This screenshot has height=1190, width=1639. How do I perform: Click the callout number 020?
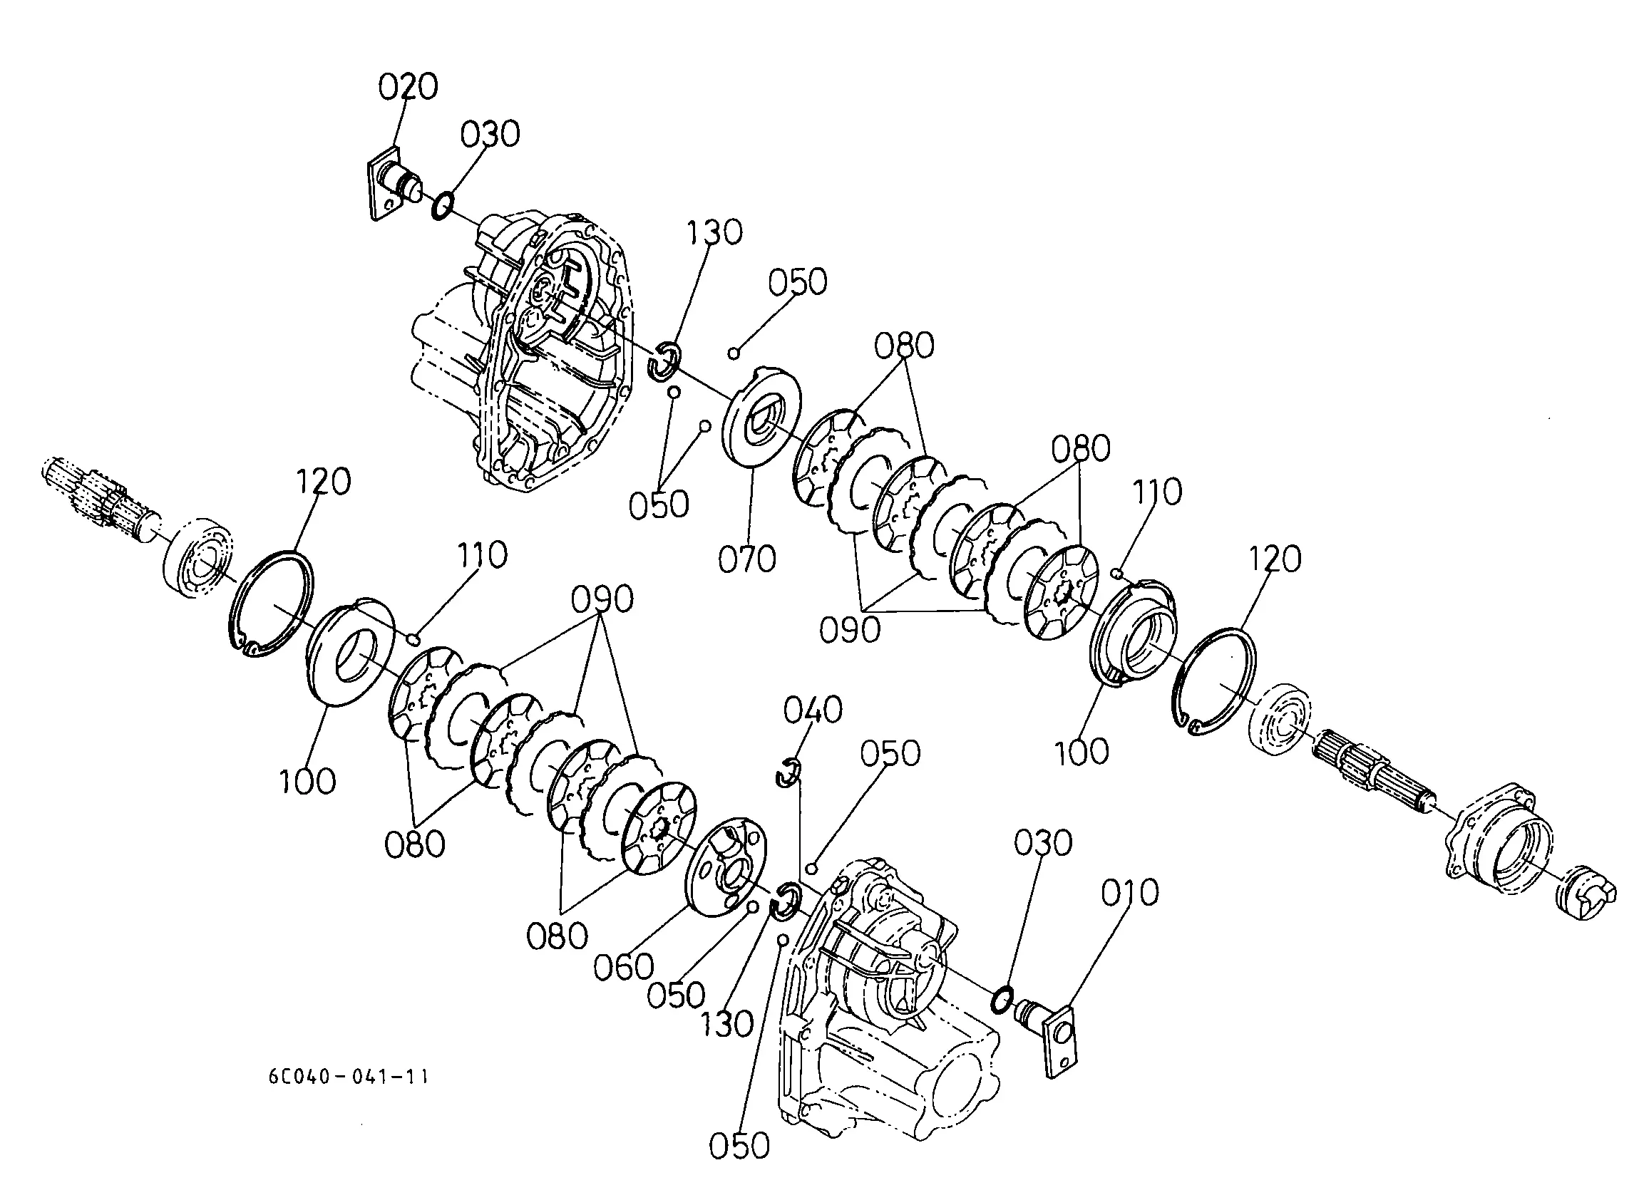coord(409,87)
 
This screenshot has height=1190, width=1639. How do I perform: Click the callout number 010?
coord(1129,894)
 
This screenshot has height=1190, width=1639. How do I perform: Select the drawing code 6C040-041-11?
coord(349,1077)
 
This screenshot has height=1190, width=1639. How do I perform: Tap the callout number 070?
coord(746,559)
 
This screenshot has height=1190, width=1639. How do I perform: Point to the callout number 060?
coord(624,967)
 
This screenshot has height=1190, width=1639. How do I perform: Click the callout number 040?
coord(813,710)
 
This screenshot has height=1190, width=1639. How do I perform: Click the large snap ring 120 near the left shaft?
coord(274,604)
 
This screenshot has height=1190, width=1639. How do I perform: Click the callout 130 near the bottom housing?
coord(727,1024)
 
